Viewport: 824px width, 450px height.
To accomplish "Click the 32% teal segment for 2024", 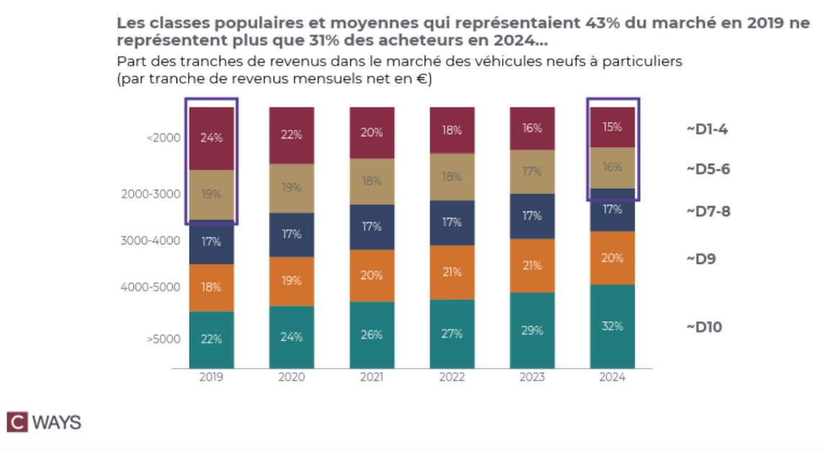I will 612,326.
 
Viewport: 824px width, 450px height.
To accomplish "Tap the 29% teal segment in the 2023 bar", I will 532,330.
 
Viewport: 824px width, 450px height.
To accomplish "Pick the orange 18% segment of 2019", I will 212,288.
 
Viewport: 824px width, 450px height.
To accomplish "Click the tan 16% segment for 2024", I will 612,168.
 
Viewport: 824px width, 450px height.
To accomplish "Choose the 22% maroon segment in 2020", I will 292,136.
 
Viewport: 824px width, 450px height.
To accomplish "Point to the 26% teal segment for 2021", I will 372,335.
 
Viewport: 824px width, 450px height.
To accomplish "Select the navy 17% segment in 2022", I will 452,223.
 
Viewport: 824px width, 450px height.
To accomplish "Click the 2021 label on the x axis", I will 372,378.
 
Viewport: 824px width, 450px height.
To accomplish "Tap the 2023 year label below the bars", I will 532,378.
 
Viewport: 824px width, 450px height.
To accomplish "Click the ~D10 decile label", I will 704,327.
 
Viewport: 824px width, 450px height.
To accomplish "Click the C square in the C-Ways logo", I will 17,422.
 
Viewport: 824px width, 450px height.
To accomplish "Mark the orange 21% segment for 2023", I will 532,265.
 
